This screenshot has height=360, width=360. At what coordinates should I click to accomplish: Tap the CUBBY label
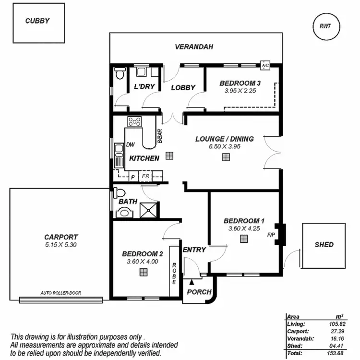click(x=37, y=21)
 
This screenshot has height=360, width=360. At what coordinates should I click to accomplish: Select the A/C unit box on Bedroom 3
click(x=264, y=65)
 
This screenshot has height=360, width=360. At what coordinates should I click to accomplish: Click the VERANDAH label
click(x=194, y=47)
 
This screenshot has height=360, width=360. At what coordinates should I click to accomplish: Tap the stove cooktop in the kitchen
click(x=134, y=122)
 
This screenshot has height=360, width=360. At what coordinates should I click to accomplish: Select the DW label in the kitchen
click(x=130, y=144)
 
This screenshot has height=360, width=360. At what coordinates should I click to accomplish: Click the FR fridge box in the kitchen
click(x=145, y=177)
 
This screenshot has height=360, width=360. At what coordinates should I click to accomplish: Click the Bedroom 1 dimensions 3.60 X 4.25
click(x=244, y=229)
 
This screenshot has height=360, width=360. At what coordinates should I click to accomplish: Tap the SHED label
click(x=324, y=244)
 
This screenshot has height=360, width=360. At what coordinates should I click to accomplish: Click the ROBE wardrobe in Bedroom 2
click(x=174, y=273)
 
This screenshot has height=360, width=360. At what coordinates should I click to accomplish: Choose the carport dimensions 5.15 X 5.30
click(x=60, y=244)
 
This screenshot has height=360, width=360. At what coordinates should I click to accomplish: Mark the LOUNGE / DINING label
click(x=224, y=139)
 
